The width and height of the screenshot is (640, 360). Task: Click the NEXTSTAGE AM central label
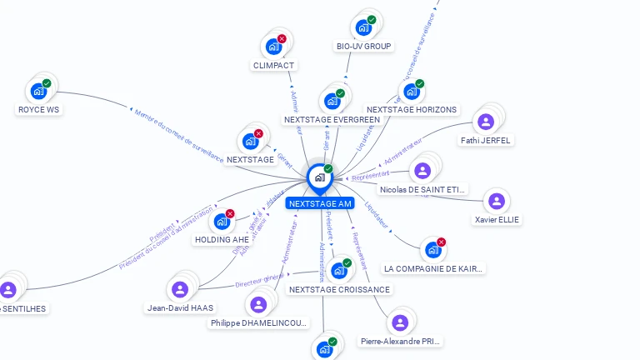[320, 203]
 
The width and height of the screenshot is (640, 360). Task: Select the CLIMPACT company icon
[273, 47]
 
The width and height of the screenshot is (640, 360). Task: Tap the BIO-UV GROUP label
[364, 47]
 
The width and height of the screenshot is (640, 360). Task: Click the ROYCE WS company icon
[38, 91]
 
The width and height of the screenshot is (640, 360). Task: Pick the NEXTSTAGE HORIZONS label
[412, 110]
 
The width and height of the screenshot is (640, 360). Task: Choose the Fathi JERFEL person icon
[486, 122]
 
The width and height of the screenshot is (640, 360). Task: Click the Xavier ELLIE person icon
[497, 201]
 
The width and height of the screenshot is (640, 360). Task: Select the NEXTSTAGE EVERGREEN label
[332, 120]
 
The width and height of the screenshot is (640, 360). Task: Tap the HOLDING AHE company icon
[222, 222]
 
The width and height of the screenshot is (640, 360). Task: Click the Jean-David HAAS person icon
[179, 289]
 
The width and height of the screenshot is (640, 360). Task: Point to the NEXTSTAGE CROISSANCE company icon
[338, 271]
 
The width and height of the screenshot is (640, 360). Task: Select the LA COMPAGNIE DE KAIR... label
[433, 269]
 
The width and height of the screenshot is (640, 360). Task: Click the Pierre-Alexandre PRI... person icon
[400, 322]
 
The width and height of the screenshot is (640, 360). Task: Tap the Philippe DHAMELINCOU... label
[259, 323]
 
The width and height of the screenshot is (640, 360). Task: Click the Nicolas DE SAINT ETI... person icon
[422, 171]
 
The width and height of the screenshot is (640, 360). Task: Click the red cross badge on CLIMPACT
[282, 38]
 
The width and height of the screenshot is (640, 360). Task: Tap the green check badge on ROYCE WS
[47, 82]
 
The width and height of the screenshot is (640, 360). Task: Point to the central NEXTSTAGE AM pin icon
[319, 177]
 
